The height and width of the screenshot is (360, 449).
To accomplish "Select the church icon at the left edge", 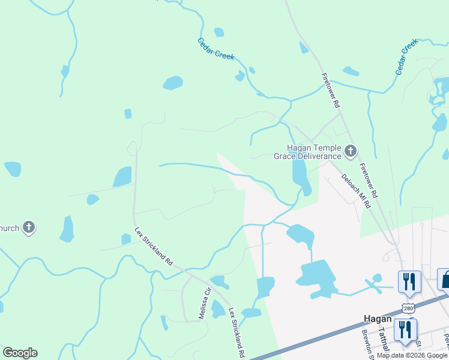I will point(28,227).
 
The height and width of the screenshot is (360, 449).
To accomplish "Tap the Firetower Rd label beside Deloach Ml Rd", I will point(368,181).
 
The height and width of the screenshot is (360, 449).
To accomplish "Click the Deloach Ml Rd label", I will point(355,190).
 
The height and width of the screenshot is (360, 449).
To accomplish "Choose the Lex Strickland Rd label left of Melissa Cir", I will point(154,247).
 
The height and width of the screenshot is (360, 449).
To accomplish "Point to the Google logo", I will point(20,353).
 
